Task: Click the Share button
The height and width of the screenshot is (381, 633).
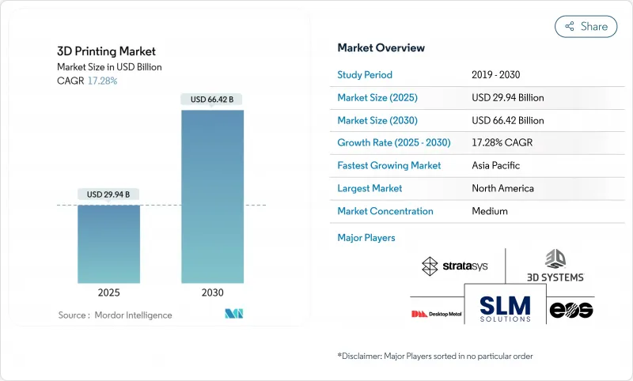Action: pos(586,26)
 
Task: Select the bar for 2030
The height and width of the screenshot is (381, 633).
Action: pos(212,197)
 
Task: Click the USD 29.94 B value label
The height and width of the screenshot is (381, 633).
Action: pos(108,194)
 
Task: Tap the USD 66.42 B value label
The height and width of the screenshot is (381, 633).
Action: pos(212,100)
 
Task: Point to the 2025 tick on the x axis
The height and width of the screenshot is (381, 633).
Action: pos(108,292)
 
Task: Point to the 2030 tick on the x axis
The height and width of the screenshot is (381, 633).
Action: pos(212,292)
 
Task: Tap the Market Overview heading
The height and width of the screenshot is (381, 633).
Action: pos(381,48)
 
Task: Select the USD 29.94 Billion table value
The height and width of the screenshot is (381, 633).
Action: pos(507,98)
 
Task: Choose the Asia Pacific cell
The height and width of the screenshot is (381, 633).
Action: pos(497,166)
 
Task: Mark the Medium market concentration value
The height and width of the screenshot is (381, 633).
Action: pos(489,211)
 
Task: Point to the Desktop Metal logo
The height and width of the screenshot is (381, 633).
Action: pos(434,314)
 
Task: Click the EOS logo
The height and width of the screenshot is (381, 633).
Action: pos(571,310)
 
